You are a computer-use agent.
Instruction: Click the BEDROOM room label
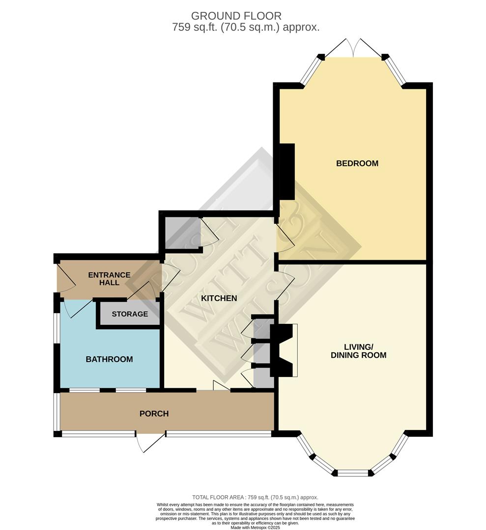click(x=357, y=163)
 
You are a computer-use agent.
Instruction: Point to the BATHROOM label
click(x=109, y=359)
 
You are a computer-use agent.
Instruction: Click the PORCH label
click(x=154, y=414)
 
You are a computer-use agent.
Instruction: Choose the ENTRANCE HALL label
click(x=109, y=279)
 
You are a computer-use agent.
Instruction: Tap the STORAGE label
click(x=130, y=314)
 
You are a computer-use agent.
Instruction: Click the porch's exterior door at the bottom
click(x=150, y=442)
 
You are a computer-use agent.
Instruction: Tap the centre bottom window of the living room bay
click(x=353, y=473)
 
